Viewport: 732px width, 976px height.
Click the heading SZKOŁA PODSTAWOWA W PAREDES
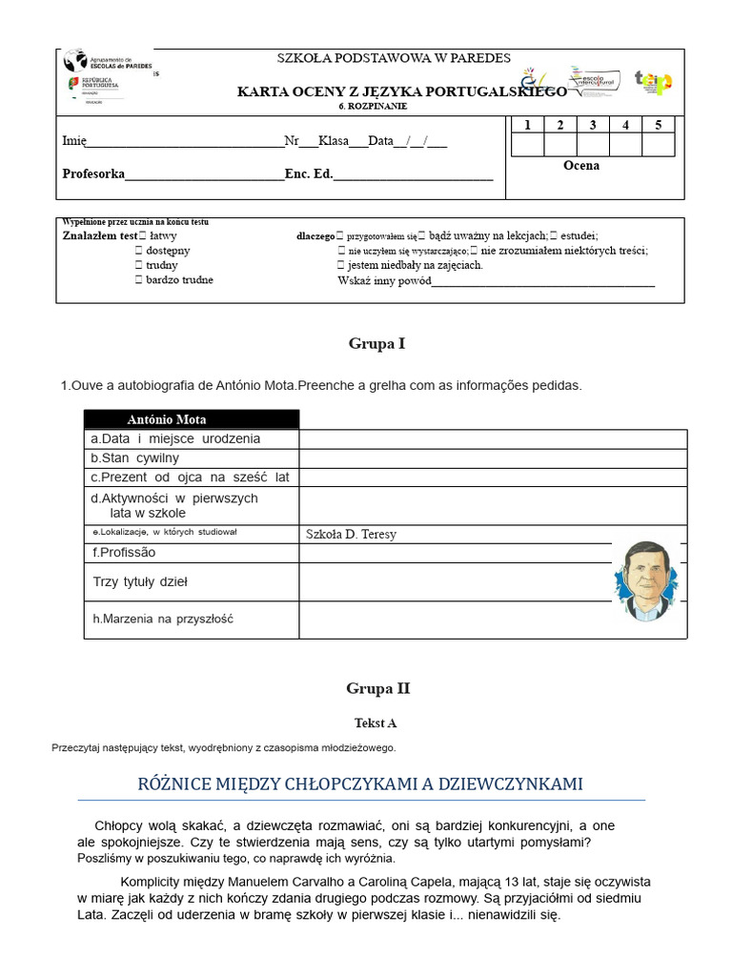[394, 58]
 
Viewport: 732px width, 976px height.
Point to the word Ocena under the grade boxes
[581, 166]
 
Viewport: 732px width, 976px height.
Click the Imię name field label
[74, 141]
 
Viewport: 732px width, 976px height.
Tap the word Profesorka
[93, 173]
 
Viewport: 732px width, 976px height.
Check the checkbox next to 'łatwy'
[140, 235]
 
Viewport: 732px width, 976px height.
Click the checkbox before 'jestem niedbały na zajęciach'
[341, 265]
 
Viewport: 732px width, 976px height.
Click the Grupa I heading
[376, 343]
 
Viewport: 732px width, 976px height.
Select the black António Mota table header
[191, 419]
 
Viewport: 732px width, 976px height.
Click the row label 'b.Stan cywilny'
[134, 458]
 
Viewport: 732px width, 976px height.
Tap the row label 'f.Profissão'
[124, 553]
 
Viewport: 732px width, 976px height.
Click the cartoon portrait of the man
[647, 580]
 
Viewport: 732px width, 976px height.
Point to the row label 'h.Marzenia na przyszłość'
[163, 619]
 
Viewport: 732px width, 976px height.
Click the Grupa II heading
[377, 688]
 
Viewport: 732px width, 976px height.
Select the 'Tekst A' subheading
[376, 723]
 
